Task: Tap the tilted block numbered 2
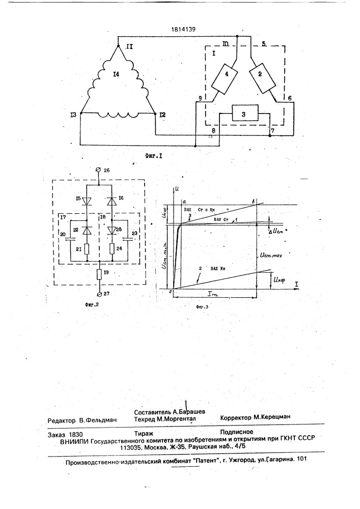[x=263, y=78]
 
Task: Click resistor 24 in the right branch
[x=111, y=249]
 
